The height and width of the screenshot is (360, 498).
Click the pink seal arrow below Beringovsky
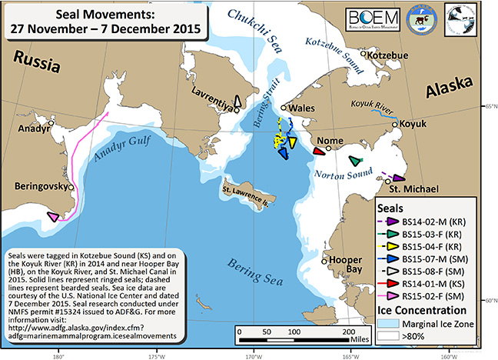53,217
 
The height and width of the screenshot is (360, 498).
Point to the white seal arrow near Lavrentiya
238,102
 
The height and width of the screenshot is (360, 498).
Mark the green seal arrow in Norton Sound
355,161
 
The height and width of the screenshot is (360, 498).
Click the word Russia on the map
40,60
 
